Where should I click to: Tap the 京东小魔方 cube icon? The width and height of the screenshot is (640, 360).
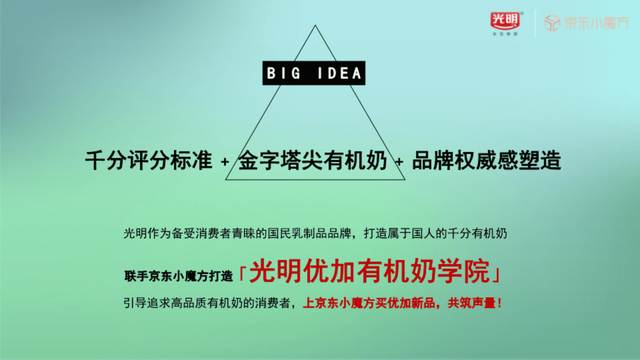[x=552, y=23]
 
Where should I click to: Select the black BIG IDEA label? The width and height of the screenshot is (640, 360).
[x=314, y=73]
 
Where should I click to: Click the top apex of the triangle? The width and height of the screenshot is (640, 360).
[x=315, y=25]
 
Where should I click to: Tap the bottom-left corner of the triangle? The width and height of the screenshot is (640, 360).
[x=226, y=179]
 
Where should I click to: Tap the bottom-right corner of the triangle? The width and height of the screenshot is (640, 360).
[x=404, y=179]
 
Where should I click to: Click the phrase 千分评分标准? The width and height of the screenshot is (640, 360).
[x=149, y=160]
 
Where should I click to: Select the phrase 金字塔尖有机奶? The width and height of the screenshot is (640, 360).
[x=313, y=160]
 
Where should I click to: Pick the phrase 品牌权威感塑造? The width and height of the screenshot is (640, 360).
[x=486, y=160]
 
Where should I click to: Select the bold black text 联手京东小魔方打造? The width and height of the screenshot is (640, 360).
[x=178, y=275]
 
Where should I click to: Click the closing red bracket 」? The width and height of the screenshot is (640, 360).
[x=496, y=273]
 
